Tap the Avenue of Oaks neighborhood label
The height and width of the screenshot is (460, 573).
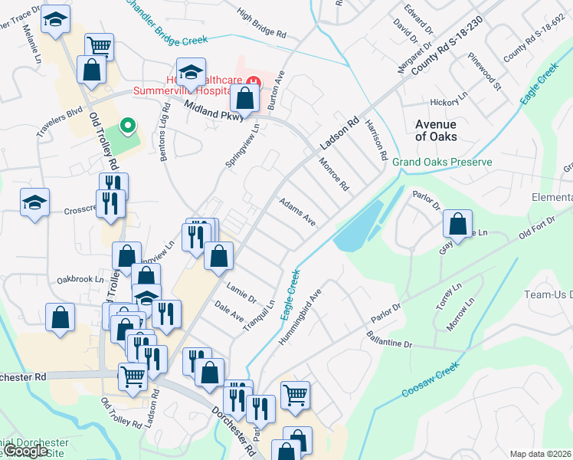pos(435,130)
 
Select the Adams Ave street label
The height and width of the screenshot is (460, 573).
pos(297,211)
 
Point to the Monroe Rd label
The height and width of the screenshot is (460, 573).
pos(334,175)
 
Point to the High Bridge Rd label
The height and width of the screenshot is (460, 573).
pos(261,24)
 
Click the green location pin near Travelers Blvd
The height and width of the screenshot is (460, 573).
pos(129,123)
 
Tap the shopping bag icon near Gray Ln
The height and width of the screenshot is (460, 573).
pos(457,225)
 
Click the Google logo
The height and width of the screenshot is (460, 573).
pos(25,451)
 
